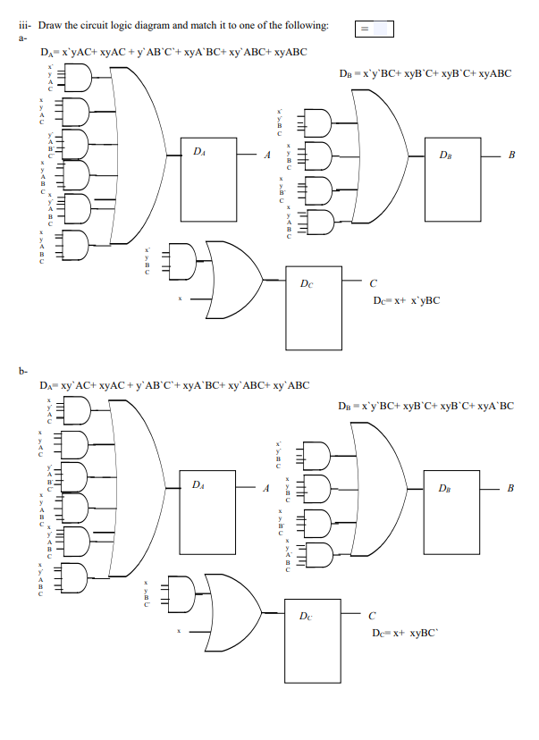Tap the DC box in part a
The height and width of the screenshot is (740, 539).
(x=314, y=307)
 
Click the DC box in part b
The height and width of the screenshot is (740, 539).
(x=314, y=636)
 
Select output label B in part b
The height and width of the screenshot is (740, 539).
(x=510, y=488)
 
